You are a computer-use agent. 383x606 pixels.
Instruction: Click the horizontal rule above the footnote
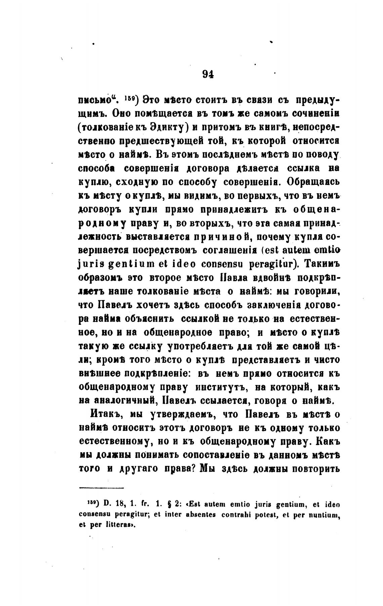[101, 488]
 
